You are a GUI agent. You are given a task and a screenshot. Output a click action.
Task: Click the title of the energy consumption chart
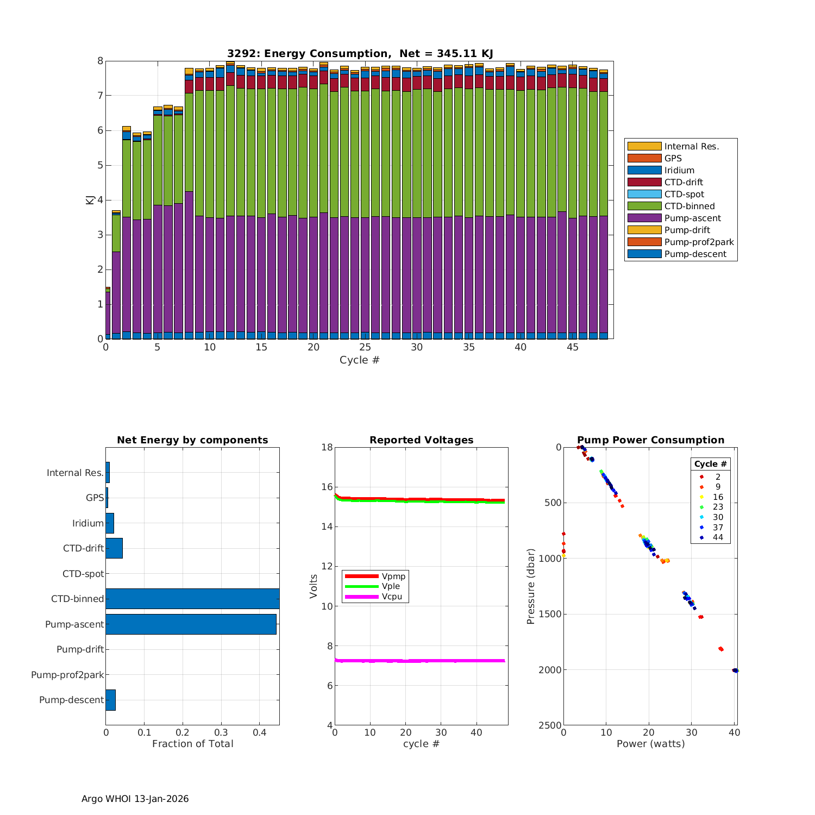tap(360, 53)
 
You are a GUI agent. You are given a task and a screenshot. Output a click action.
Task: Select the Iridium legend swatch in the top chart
tap(644, 170)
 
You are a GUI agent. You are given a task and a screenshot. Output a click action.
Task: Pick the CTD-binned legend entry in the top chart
tap(689, 206)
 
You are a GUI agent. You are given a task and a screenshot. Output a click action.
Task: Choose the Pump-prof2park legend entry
tap(699, 242)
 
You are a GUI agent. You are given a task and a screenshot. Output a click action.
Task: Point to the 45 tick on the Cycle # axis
tap(573, 347)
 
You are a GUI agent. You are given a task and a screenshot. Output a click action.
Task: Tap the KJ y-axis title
tap(90, 200)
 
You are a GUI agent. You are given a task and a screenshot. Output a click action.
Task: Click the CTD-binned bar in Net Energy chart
tap(192, 599)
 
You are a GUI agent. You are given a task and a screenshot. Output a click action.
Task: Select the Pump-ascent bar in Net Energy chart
tap(191, 624)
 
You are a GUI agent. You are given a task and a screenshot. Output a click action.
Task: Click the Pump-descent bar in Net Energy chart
tap(110, 700)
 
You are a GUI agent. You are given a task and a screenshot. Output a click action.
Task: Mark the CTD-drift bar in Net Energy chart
tap(114, 548)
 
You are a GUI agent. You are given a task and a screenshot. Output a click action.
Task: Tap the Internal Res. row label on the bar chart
tap(75, 473)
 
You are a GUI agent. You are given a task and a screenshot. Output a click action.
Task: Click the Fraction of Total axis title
tap(192, 744)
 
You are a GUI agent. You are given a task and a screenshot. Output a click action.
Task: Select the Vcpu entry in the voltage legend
tap(391, 596)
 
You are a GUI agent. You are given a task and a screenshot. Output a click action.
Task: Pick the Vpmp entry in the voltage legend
tap(393, 576)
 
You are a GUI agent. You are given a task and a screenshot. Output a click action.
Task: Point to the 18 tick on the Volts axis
tap(327, 447)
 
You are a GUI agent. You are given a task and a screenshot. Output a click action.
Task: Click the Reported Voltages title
tap(421, 440)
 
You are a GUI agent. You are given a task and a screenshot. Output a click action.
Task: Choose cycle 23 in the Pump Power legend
tap(718, 507)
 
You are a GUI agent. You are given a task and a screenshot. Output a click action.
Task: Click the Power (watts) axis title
tap(650, 744)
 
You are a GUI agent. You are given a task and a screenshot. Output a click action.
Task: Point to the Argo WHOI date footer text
tap(135, 799)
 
